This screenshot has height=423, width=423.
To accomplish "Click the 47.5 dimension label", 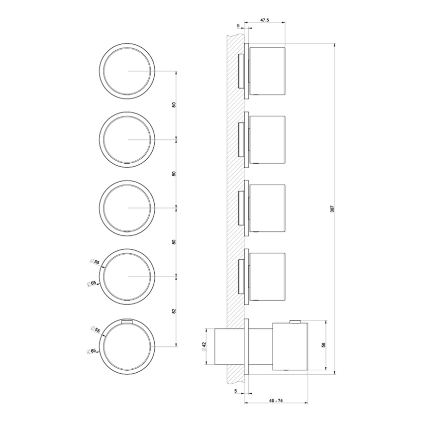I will click(265, 20).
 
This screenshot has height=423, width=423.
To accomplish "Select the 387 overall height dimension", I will click(332, 210).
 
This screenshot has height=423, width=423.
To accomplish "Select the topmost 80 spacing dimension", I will click(173, 105).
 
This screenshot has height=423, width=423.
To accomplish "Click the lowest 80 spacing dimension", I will click(173, 241).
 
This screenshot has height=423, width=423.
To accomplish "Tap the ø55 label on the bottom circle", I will click(96, 329).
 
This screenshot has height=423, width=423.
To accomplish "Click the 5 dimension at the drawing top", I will click(238, 25).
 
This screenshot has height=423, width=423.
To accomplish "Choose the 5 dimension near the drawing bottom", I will click(235, 392).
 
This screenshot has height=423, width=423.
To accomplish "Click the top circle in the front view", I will click(127, 71).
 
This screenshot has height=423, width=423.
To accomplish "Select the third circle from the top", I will click(127, 208).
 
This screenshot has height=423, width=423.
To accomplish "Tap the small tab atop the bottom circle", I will click(127, 321).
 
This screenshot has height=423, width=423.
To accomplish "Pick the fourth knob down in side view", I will click(267, 276).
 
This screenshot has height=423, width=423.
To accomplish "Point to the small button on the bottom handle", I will click(295, 321).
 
